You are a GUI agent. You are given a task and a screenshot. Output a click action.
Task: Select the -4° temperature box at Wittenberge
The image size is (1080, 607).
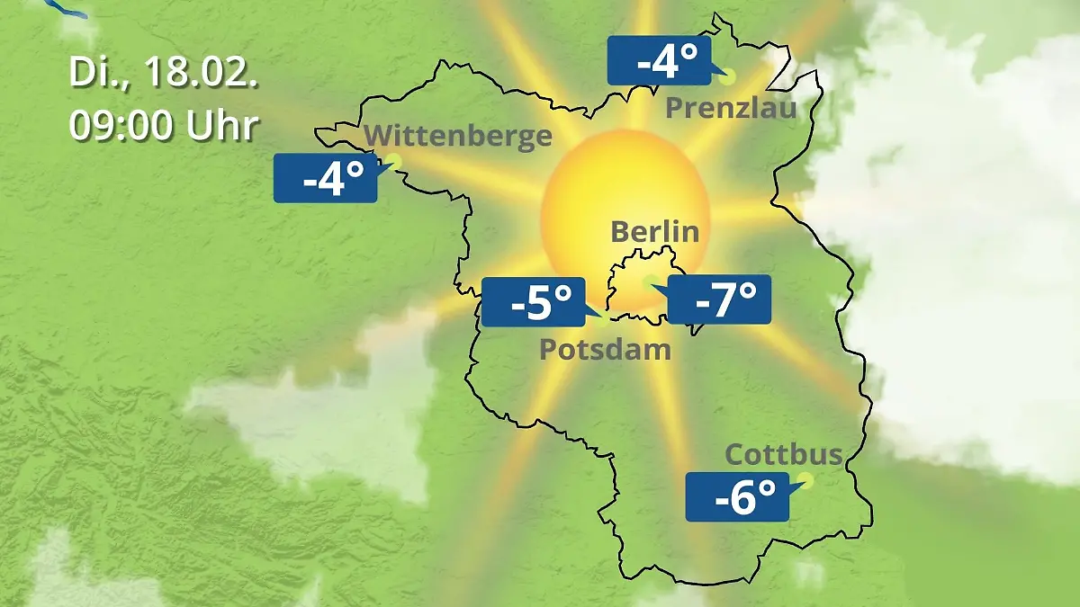click(325, 178)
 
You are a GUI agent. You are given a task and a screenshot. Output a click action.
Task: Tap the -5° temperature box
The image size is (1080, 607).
click(534, 302)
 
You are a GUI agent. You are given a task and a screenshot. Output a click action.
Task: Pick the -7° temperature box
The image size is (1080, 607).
click(719, 299)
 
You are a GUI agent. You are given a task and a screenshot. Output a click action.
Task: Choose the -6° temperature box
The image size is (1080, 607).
click(737, 495)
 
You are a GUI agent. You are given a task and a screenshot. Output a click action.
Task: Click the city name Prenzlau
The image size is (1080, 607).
click(731, 109)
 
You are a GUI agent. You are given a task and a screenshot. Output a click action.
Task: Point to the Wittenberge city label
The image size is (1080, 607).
click(458, 136)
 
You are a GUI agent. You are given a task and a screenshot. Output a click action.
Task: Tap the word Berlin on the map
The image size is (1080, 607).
click(654, 231)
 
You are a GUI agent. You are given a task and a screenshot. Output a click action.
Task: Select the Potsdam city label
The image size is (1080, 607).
click(605, 349)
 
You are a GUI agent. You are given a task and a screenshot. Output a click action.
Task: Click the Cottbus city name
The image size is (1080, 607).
click(784, 454)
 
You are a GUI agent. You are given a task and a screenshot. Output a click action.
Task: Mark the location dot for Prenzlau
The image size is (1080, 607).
click(726, 76)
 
